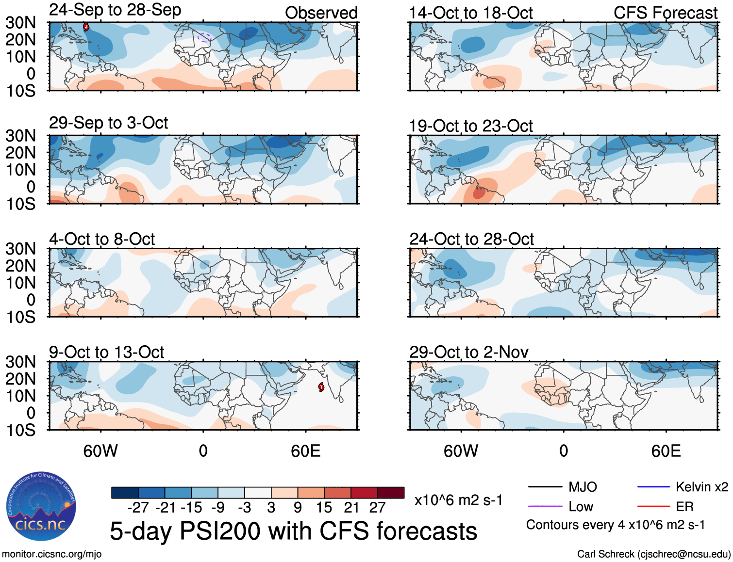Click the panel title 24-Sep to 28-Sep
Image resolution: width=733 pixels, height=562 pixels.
click(115, 10)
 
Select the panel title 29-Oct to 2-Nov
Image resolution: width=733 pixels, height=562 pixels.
click(468, 352)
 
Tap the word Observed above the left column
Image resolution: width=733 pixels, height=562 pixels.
click(321, 13)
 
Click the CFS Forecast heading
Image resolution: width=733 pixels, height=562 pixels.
click(665, 13)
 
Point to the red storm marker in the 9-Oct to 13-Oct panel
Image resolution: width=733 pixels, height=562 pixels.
click(321, 387)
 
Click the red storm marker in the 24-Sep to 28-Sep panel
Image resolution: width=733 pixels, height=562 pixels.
click(86, 27)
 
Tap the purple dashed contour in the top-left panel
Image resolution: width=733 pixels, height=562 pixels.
click(204, 37)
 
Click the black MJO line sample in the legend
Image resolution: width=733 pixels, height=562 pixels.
click(545, 487)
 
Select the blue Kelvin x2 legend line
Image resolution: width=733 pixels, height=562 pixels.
click(653, 487)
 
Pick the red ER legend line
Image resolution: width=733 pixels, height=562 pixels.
click(653, 507)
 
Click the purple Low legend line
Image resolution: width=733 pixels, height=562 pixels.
click(545, 507)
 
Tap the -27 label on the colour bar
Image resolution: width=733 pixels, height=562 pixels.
click(138, 508)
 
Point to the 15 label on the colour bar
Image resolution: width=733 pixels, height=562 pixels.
click(324, 508)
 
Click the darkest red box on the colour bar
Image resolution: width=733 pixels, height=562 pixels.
click(391, 493)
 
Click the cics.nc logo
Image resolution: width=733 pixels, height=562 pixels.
click(41, 507)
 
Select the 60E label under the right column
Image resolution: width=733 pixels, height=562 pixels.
click(666, 451)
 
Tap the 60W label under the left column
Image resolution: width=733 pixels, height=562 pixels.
click(100, 451)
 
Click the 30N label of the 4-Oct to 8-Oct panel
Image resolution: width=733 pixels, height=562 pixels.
click(21, 249)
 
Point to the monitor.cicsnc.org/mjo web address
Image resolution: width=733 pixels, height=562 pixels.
click(52, 554)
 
